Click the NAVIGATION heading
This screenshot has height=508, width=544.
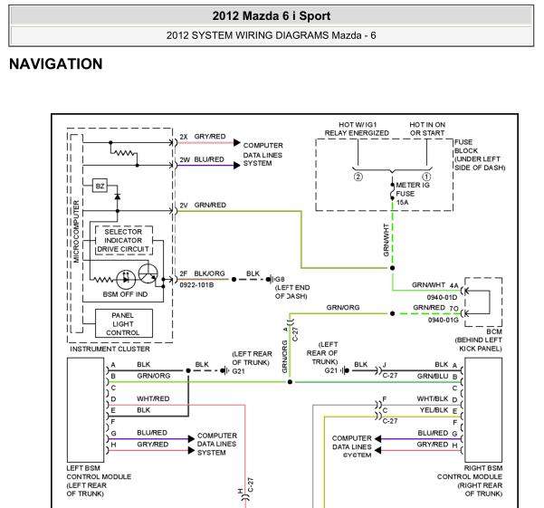click(x=56, y=64)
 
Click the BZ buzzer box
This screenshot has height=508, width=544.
click(x=100, y=186)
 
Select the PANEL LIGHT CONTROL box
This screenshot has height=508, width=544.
click(x=123, y=324)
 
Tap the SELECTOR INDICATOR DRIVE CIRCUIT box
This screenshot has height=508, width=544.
click(x=123, y=240)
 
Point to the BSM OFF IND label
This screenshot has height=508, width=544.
click(x=125, y=294)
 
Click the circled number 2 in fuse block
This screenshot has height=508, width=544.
click(x=358, y=177)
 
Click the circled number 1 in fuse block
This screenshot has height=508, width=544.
click(x=426, y=177)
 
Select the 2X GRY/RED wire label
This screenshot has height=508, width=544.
click(x=203, y=137)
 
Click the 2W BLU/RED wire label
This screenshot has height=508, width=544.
click(x=202, y=159)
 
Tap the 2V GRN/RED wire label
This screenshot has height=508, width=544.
click(x=203, y=205)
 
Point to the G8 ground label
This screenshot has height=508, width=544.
click(x=280, y=279)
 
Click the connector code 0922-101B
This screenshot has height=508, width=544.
click(x=196, y=285)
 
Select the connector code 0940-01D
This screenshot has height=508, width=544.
click(x=442, y=297)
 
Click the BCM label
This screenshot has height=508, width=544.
click(x=494, y=331)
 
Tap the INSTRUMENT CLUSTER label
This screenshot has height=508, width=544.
click(x=110, y=349)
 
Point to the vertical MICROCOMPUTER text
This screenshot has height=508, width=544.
click(x=76, y=232)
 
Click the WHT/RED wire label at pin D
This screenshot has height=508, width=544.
click(x=153, y=398)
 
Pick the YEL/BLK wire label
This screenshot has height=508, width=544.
click(x=434, y=410)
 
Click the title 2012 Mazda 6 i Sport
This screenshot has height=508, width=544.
click(x=272, y=16)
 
